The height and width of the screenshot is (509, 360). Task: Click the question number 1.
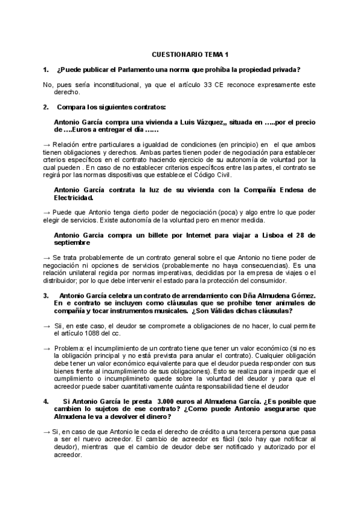46,69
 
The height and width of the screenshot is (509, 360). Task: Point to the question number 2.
46,107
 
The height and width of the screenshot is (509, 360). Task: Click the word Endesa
285,190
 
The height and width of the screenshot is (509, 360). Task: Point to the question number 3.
46,295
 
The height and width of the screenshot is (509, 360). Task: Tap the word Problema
70,348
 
